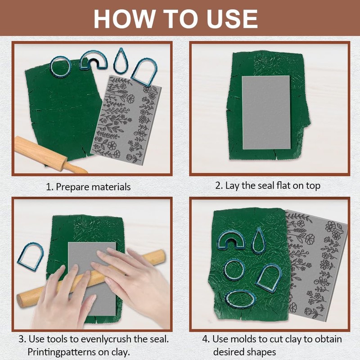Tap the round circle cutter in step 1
pos(61,67)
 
